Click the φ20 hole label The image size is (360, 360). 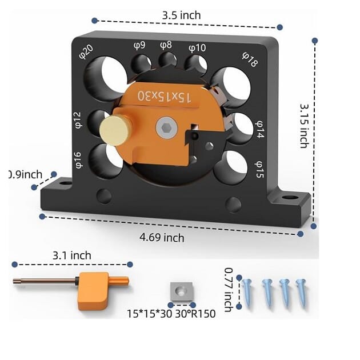click(86, 52)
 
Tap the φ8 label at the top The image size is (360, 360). click(166, 45)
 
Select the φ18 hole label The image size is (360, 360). click(250, 59)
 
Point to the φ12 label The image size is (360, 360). click(78, 119)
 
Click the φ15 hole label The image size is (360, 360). click(259, 170)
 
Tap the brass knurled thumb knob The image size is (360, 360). click(116, 131)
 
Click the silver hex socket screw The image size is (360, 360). click(166, 127)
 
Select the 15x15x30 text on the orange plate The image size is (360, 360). click(164, 97)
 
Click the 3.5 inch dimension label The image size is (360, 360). click(181, 15)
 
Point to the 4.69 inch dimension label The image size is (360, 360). click(162, 237)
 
